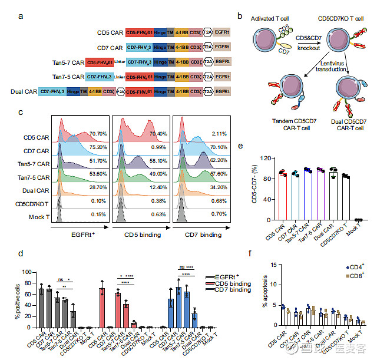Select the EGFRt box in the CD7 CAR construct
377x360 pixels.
tap(222, 47)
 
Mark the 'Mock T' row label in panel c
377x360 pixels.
tap(41, 218)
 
